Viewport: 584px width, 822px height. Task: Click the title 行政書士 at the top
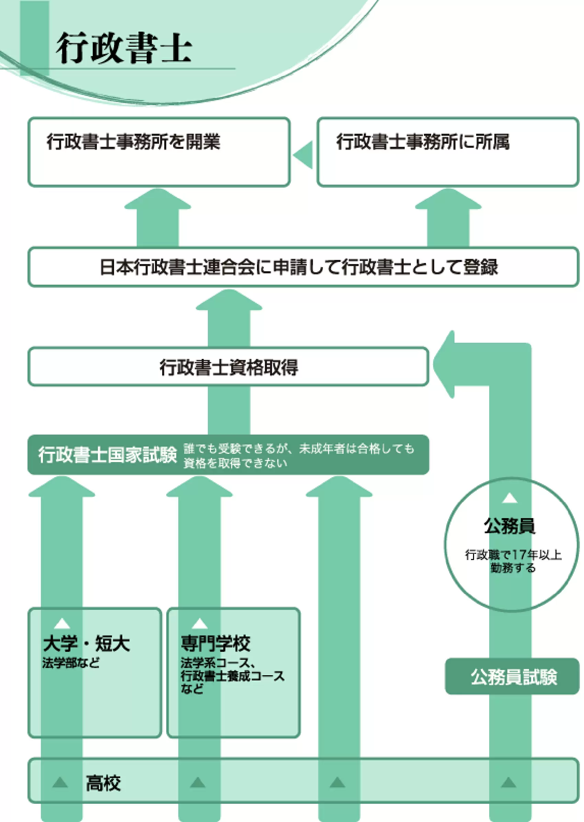click(x=123, y=48)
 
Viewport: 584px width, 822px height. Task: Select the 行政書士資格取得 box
click(x=229, y=367)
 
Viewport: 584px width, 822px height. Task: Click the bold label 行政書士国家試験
click(x=108, y=454)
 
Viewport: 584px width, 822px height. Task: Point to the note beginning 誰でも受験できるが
click(x=299, y=455)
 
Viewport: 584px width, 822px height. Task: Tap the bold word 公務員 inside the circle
click(x=509, y=526)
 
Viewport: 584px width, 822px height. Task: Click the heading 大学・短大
click(x=86, y=643)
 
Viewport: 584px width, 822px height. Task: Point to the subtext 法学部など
click(x=71, y=662)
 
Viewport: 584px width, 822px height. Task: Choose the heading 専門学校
click(x=215, y=643)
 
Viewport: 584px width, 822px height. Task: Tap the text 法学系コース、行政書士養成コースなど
click(x=232, y=676)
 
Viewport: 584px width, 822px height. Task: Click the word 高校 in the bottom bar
click(x=103, y=783)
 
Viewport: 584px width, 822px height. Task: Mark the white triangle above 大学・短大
click(x=62, y=623)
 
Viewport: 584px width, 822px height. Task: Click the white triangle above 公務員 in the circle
click(x=509, y=498)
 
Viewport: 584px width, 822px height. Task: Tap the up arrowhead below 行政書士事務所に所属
click(x=448, y=200)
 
